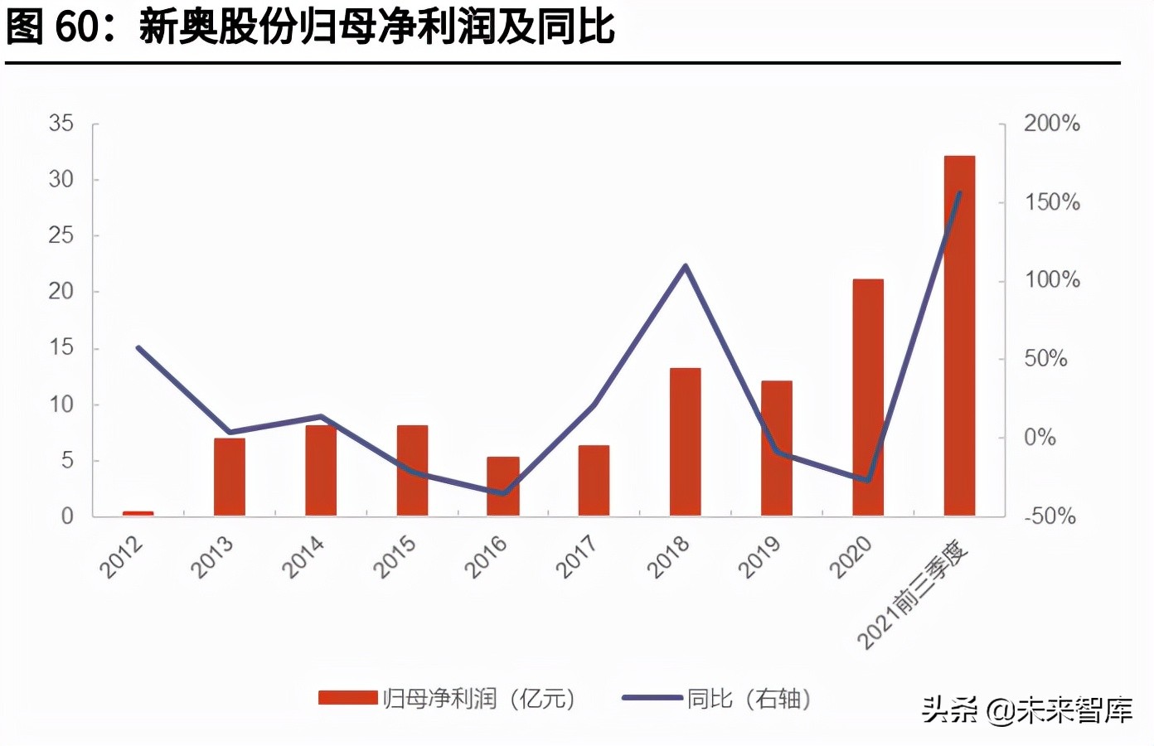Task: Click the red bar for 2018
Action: tap(685, 441)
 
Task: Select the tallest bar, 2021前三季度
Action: tap(959, 335)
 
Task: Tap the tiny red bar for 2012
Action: tap(138, 513)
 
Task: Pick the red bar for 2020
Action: tap(868, 397)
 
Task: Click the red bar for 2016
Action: tap(502, 486)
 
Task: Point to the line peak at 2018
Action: tap(685, 266)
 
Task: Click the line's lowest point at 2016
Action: tap(502, 493)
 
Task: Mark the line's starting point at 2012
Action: tap(138, 348)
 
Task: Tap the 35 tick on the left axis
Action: tap(61, 124)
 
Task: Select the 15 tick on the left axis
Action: tap(61, 347)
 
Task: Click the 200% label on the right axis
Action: tap(1051, 124)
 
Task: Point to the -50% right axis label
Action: tap(1050, 516)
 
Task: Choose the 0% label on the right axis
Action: tap(1040, 438)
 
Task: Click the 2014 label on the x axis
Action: tap(303, 556)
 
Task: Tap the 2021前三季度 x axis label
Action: tap(912, 594)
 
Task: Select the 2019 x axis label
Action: tap(759, 556)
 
